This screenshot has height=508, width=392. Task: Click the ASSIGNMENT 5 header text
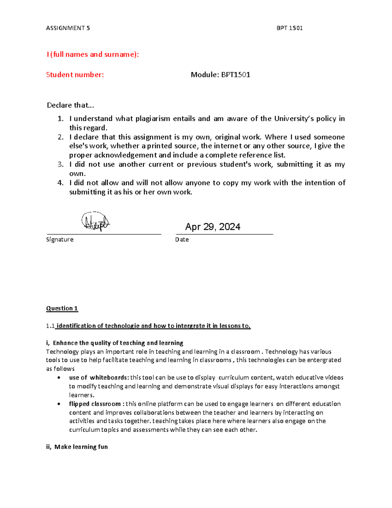68,28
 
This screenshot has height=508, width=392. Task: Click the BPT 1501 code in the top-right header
289,28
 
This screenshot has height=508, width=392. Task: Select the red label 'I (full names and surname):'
93,54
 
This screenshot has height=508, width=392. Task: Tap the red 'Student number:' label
75,75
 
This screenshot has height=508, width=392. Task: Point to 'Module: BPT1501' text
220,75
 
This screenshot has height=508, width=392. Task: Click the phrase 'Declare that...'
70,105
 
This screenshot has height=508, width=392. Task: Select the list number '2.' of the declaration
61,137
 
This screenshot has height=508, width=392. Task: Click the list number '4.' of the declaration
61,183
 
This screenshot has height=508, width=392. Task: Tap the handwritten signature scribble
95,222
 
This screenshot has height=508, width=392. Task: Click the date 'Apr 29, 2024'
213,227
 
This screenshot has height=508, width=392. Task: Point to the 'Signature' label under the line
60,239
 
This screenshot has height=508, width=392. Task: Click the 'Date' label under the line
182,239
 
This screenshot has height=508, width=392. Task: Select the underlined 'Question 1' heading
62,308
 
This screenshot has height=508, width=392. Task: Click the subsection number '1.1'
50,326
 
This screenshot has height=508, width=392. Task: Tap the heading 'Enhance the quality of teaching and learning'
118,343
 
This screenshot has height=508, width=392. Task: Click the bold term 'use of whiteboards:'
99,377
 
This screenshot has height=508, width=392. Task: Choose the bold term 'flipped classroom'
95,404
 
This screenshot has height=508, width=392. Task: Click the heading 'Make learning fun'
81,447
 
